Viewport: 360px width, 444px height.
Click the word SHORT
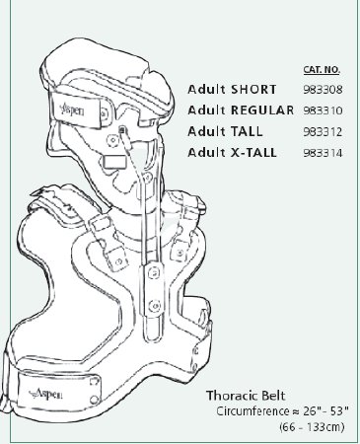(251, 89)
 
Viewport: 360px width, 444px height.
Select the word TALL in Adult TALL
(245, 131)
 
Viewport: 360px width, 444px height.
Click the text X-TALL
(254, 153)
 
